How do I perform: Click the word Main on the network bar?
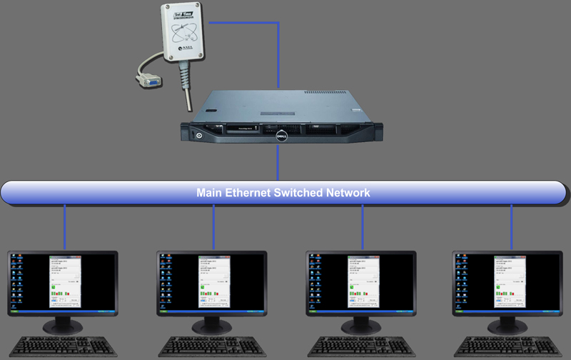(210, 193)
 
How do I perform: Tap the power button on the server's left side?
(198, 133)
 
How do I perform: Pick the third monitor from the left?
(360, 286)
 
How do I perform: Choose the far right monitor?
(508, 286)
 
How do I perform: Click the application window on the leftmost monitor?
(65, 283)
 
